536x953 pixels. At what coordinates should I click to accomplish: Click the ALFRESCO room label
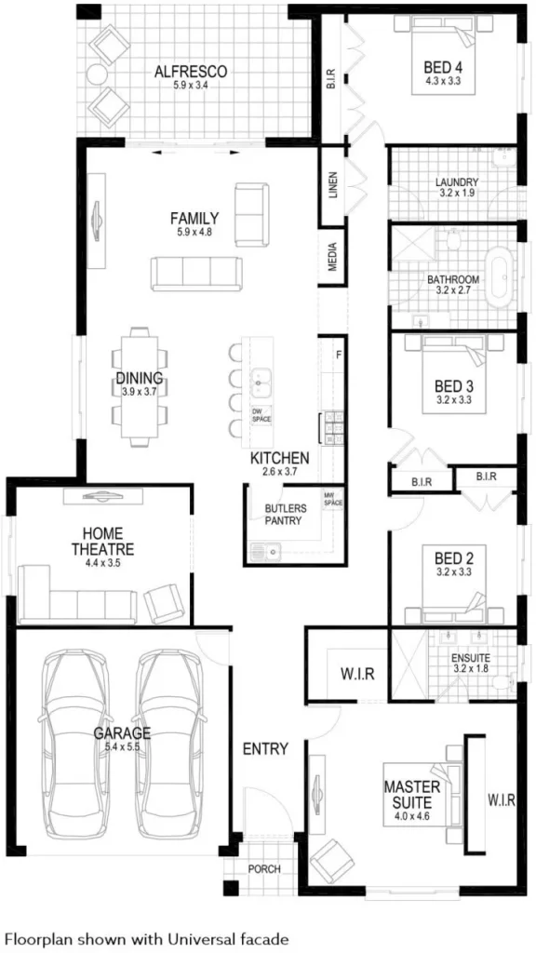coord(191,71)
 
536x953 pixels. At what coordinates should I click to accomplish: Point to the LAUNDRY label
coord(457,182)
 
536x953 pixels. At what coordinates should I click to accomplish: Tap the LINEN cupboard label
coord(332,185)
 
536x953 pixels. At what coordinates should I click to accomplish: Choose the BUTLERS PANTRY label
coord(285,515)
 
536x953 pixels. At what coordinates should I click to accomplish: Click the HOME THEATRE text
coord(102,542)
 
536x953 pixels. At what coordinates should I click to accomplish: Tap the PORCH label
coord(263,869)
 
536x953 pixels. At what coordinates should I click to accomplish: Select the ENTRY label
coord(265,748)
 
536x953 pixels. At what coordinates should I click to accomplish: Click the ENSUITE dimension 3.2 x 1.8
coord(470,667)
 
